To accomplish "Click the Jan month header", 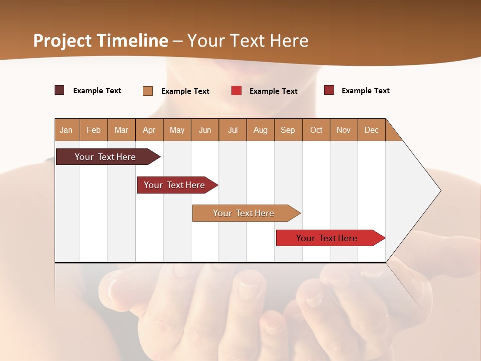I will coord(67,130).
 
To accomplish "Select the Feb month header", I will coord(94,130).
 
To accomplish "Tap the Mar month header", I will coord(121,130).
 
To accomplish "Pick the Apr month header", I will coord(149,130).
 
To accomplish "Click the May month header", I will coord(177,130).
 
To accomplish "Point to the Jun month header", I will coord(205,130).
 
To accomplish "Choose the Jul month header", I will coord(232,130).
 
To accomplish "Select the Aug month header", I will coord(261,130).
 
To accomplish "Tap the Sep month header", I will coord(288,130).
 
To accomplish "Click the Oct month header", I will coord(316,130).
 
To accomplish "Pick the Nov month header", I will coord(344,130).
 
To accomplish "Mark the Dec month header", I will coord(372,130).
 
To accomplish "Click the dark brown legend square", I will coord(60,90).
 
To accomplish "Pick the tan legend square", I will coord(148,91).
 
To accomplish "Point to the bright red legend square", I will coord(236,91).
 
